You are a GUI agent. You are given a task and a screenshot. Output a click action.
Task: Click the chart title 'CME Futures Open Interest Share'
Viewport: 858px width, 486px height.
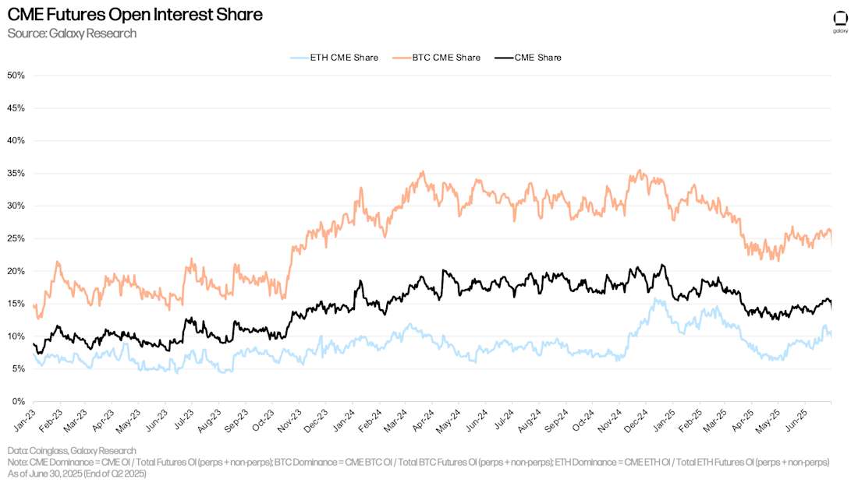click(x=134, y=15)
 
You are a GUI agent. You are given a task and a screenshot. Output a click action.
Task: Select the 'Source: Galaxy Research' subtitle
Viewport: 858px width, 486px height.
click(x=72, y=33)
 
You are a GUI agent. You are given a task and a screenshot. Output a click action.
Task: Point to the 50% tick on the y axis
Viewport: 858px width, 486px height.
click(x=16, y=76)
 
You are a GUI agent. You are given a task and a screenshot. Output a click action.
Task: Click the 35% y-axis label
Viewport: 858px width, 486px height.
click(x=16, y=174)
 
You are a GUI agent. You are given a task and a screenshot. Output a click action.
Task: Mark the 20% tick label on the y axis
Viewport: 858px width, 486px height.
click(x=16, y=271)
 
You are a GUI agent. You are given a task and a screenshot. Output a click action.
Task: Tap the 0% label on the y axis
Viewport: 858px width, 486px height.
click(x=19, y=402)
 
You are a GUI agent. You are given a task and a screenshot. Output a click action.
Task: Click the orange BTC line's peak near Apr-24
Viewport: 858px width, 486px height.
click(x=423, y=172)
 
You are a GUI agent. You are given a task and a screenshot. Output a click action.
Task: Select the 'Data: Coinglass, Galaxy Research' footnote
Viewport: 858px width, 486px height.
click(x=72, y=450)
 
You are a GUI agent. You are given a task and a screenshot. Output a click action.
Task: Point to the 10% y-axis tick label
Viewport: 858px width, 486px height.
click(x=16, y=336)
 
